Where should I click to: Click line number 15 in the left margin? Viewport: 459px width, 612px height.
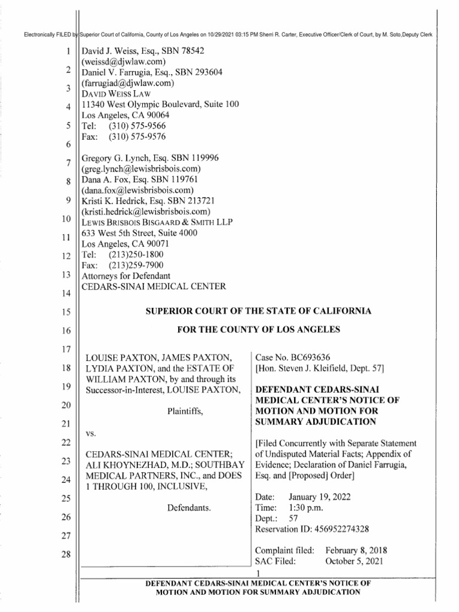point(66,312)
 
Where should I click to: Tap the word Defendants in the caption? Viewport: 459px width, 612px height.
point(187,507)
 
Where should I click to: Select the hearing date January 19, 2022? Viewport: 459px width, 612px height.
point(319,497)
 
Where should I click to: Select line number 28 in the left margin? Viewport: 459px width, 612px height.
point(66,555)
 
